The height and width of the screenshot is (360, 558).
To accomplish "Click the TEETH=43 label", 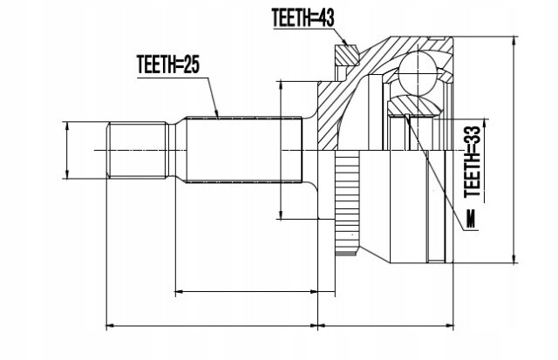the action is pyautogui.click(x=303, y=17).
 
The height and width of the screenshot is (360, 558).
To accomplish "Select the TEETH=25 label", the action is pyautogui.click(x=168, y=65).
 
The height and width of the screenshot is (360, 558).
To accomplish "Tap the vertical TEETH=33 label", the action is pyautogui.click(x=473, y=162).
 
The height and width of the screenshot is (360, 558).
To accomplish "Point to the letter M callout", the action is pyautogui.click(x=471, y=219).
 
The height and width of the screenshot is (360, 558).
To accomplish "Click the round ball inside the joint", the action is pyautogui.click(x=417, y=73).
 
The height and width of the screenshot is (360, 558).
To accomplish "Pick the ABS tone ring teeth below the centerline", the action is pyautogui.click(x=347, y=203).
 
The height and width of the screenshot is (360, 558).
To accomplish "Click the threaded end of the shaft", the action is pyautogui.click(x=137, y=150).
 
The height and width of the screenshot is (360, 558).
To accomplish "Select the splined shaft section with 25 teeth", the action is pyautogui.click(x=244, y=150).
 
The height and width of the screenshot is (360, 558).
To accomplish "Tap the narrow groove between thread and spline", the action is pyautogui.click(x=172, y=150).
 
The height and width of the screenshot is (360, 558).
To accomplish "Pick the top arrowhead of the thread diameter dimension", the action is pyautogui.click(x=67, y=126).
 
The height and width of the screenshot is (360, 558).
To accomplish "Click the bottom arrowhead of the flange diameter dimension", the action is pyautogui.click(x=281, y=214).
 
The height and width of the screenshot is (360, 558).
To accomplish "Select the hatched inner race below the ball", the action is pyautogui.click(x=415, y=105).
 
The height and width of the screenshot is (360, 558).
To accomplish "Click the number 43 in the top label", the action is pyautogui.click(x=325, y=17).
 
